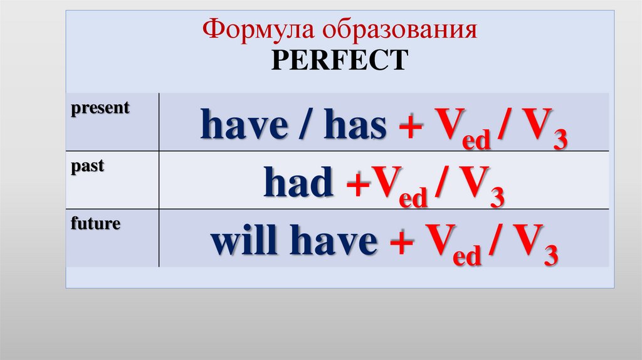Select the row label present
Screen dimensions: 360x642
100,108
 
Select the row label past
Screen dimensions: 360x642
88,167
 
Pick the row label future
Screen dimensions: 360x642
95,223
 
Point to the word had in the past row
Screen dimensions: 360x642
298,184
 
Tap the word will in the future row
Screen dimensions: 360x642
240,241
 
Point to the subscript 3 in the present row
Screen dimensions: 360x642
559,140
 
